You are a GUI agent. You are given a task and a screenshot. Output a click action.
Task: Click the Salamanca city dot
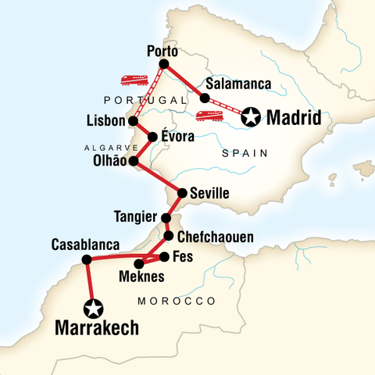coord(205,98)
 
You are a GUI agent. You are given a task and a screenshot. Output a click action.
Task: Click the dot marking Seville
coord(182,192)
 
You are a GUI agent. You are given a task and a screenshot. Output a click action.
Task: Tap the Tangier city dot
coord(166,217)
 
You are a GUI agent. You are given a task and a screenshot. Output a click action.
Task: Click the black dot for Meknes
coord(139,263)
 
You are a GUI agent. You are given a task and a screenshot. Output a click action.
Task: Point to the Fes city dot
coord(164,255)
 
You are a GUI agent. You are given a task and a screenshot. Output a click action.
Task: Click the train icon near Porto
coord(135,80)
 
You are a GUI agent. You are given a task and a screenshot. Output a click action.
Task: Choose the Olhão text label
coord(108,162)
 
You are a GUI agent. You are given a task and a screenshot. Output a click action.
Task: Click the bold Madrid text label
coord(294,119)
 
